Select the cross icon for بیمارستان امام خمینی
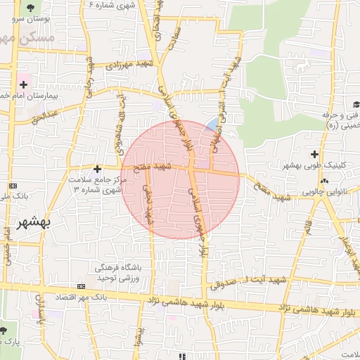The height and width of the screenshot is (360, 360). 24,84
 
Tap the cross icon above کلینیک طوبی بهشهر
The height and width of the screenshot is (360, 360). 314,153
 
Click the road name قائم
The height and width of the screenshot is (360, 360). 307,227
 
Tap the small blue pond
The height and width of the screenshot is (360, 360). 212,124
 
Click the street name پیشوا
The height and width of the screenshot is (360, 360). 140,336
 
